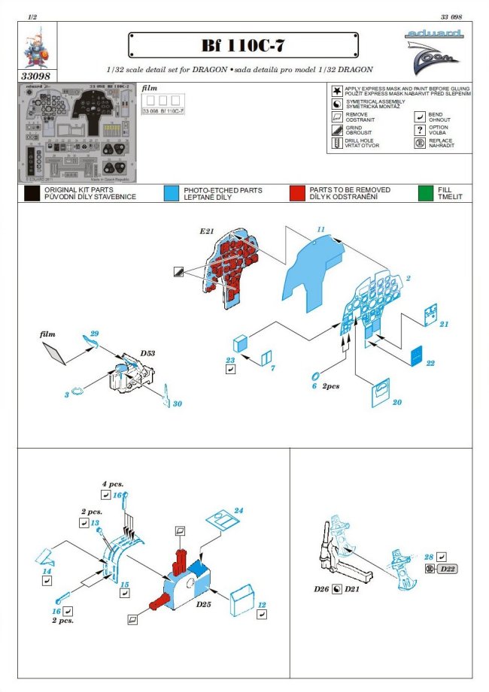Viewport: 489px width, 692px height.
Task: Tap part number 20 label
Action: (x=396, y=403)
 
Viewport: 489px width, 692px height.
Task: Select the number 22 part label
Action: (x=430, y=363)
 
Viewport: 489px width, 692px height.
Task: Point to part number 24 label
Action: (x=238, y=511)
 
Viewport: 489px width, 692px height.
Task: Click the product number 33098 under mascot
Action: (x=37, y=75)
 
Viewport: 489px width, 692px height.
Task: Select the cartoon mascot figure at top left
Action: (x=37, y=50)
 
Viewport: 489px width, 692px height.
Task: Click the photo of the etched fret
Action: (x=77, y=133)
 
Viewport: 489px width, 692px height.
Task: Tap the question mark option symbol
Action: (x=421, y=129)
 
